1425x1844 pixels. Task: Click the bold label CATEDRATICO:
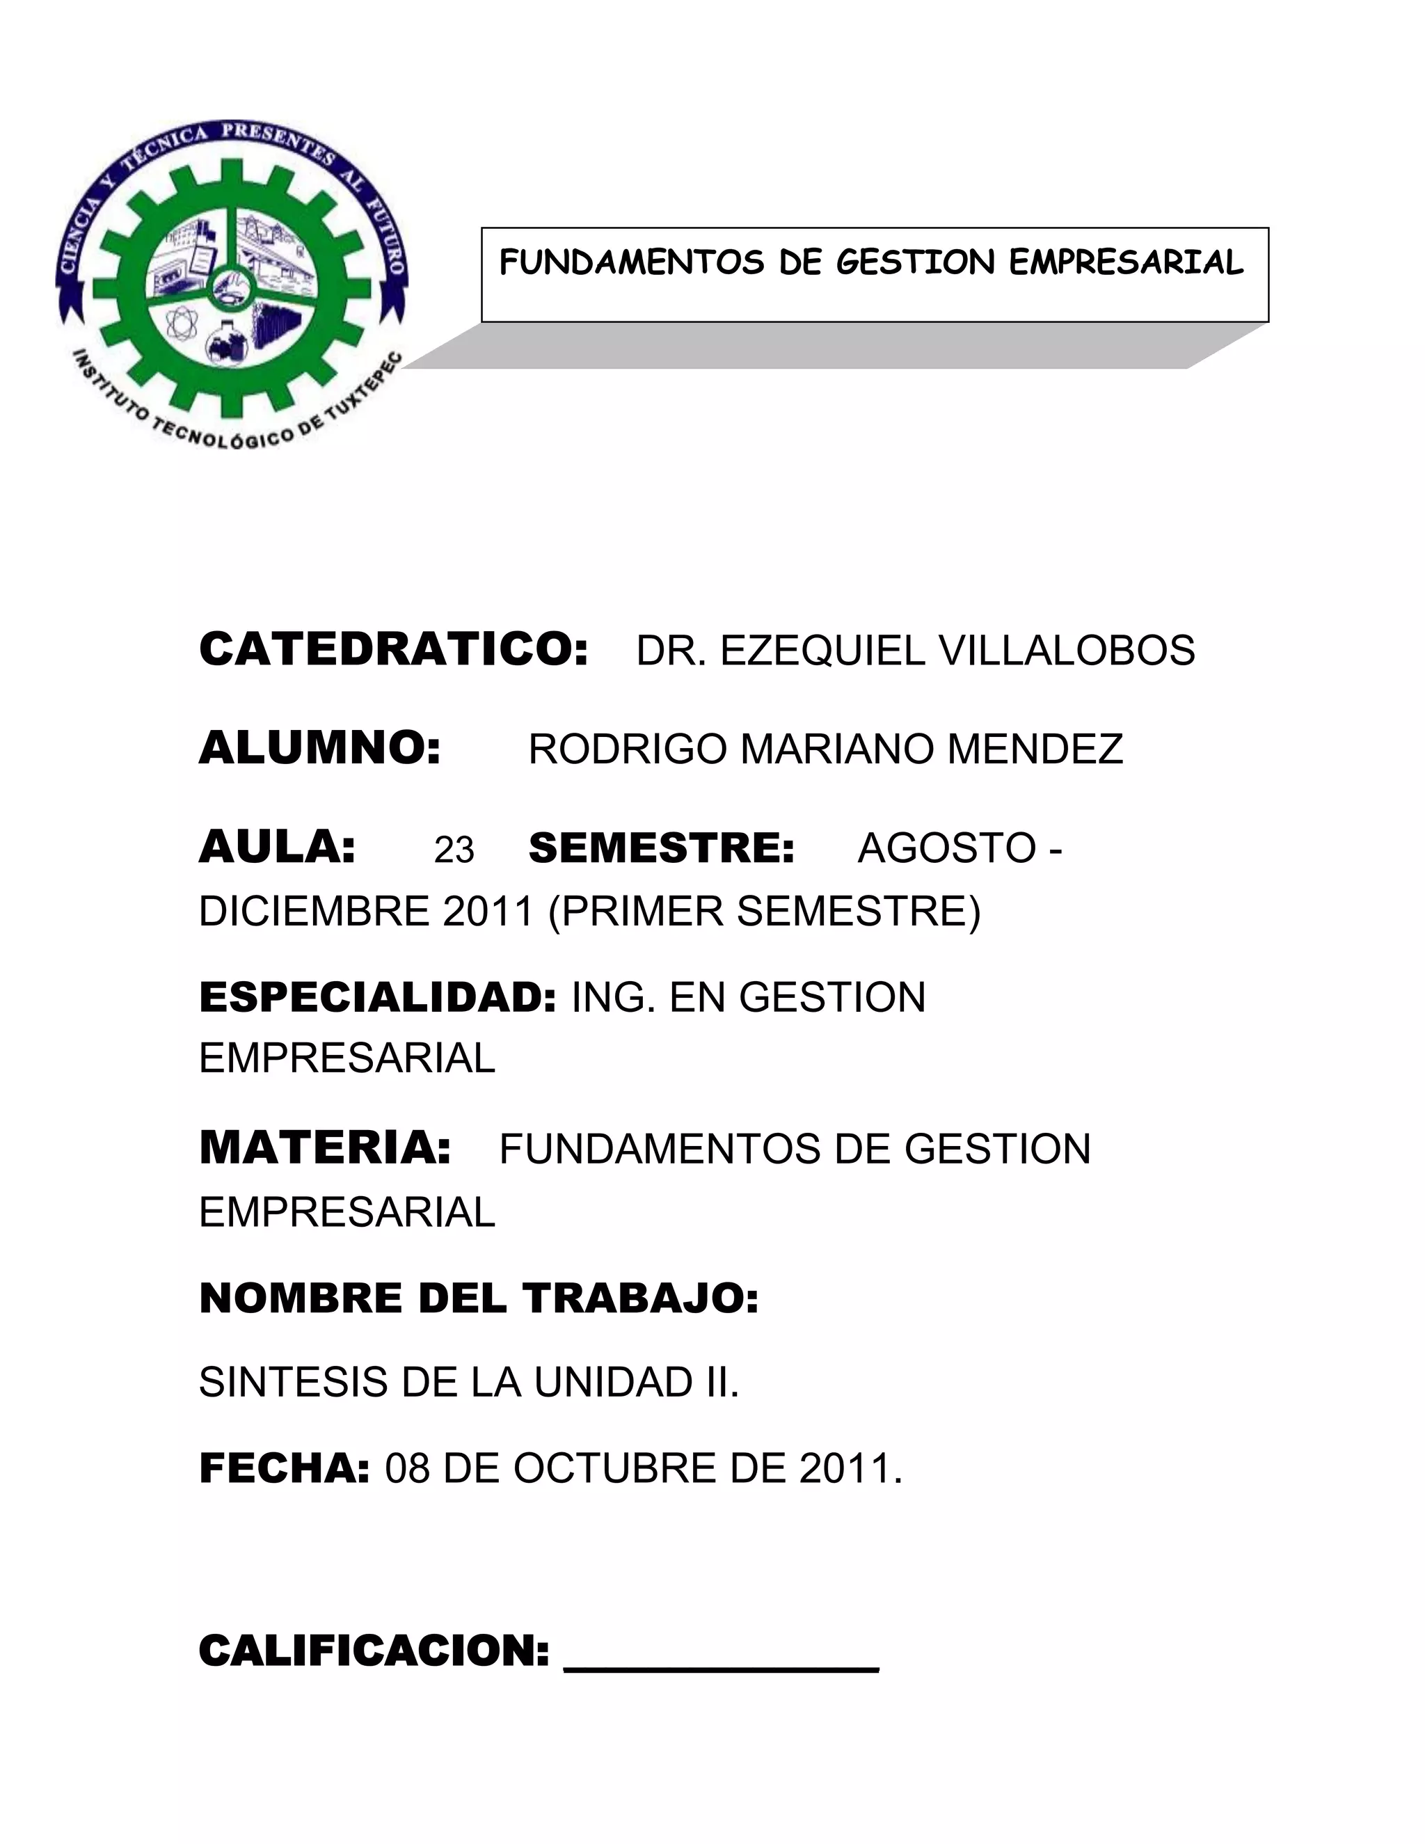pyautogui.click(x=392, y=649)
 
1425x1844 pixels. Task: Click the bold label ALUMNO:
pyautogui.click(x=320, y=748)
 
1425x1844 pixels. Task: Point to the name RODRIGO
pyautogui.click(x=626, y=749)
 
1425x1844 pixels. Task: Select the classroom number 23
pyautogui.click(x=454, y=850)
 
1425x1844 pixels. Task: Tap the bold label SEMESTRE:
pyautogui.click(x=661, y=848)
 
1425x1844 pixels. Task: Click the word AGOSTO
pyautogui.click(x=946, y=848)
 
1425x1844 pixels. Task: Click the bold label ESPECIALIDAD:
pyautogui.click(x=377, y=996)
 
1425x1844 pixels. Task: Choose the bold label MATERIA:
pyautogui.click(x=325, y=1148)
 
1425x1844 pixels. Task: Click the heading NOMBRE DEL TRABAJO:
pyautogui.click(x=479, y=1298)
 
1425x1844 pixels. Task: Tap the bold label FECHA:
pyautogui.click(x=285, y=1468)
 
